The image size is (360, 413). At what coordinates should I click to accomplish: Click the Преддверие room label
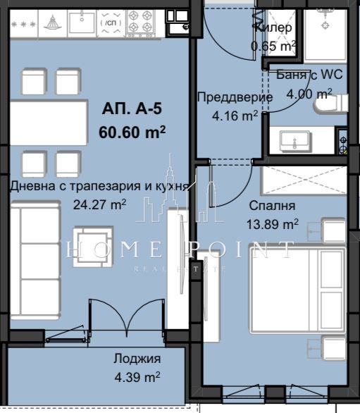click(234, 98)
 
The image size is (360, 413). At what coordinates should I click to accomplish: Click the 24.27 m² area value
click(99, 204)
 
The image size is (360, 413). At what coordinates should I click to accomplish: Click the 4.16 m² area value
click(235, 116)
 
